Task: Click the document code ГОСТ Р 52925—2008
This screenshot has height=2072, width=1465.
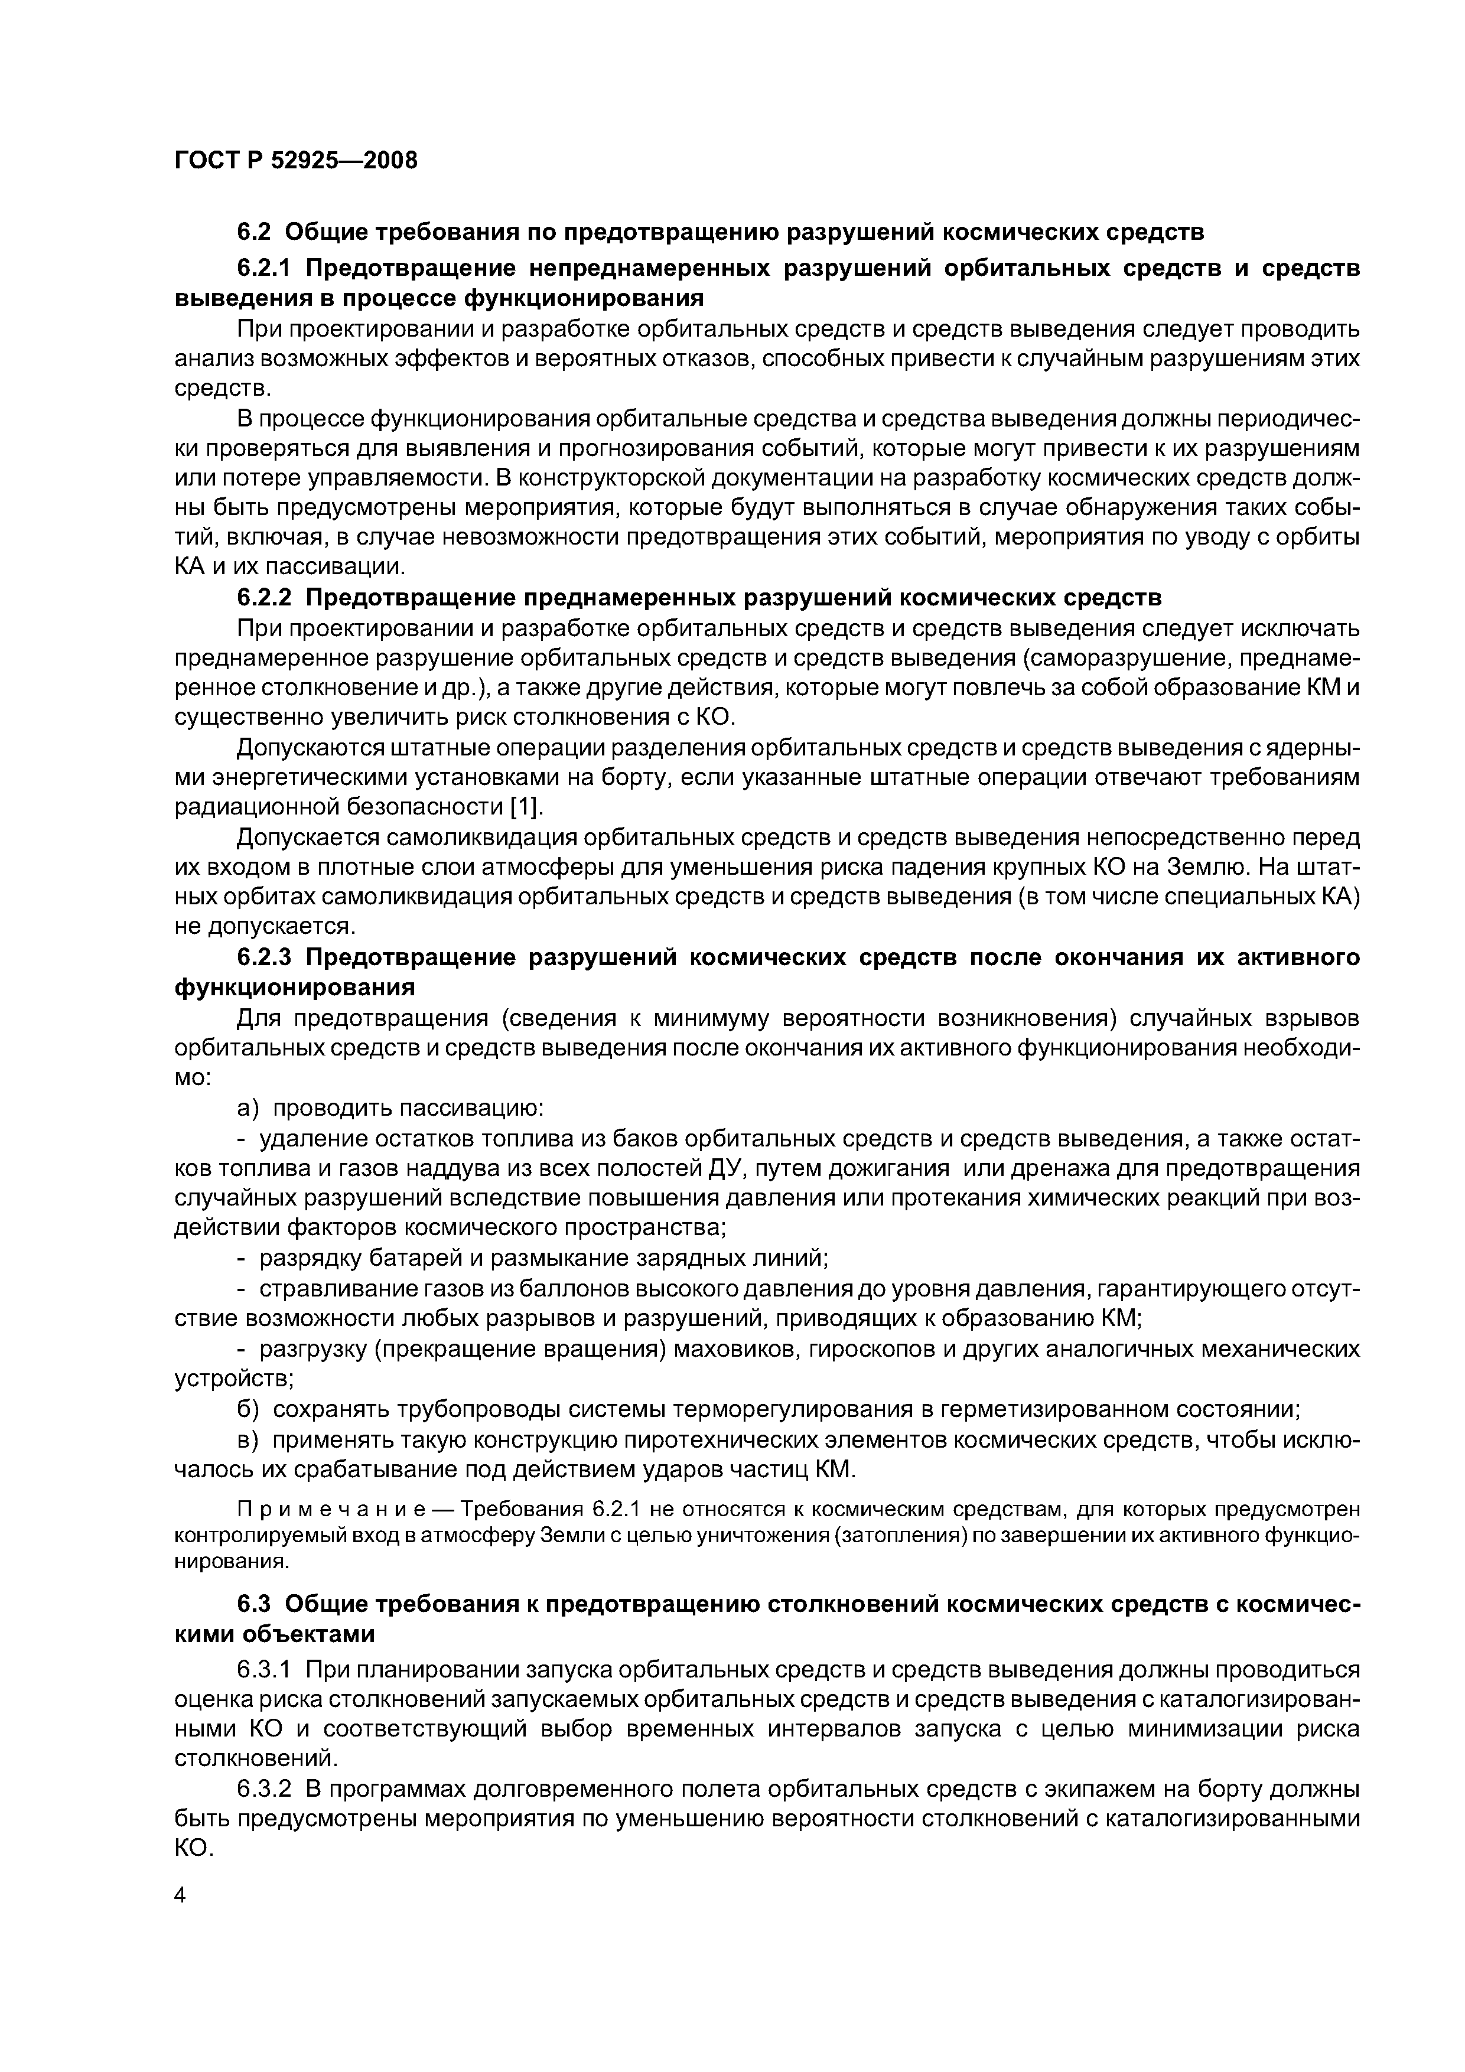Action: [x=295, y=161]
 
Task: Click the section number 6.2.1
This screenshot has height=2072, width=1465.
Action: [x=266, y=268]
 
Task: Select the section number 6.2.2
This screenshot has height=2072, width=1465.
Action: [x=266, y=597]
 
